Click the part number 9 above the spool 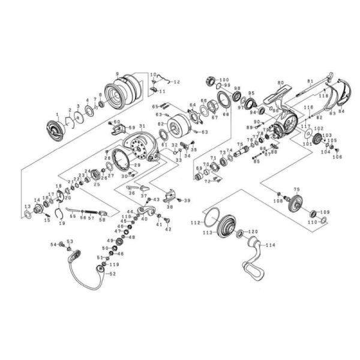pyautogui.click(x=118, y=73)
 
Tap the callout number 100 pyautogui.click(x=224, y=79)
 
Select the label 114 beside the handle pyautogui.click(x=271, y=245)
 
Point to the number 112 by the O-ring pyautogui.click(x=194, y=223)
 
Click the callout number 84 pyautogui.click(x=341, y=112)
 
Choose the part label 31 pyautogui.click(x=142, y=127)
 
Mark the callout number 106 pyautogui.click(x=337, y=157)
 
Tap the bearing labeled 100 pyautogui.click(x=211, y=81)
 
